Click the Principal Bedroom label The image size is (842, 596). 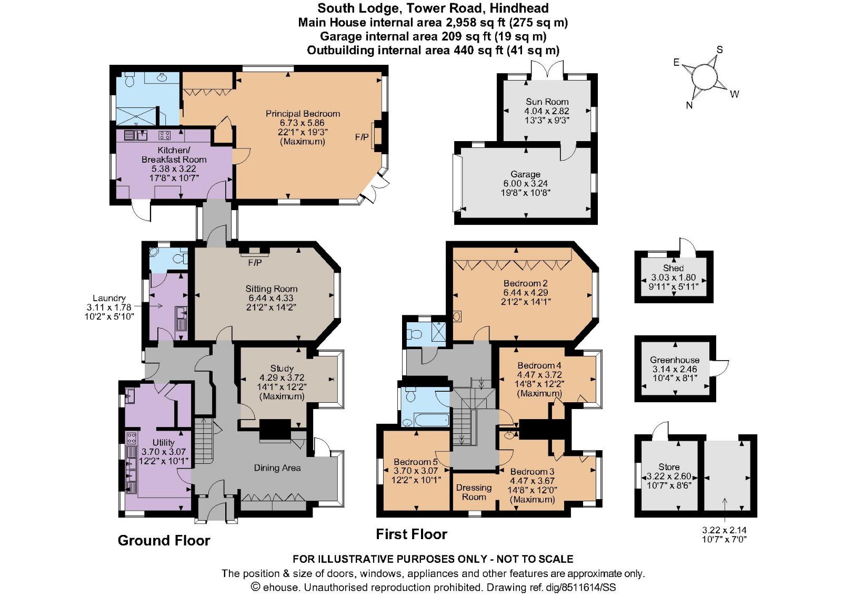tap(303, 114)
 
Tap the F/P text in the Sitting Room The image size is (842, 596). tap(255, 262)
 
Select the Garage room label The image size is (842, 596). tap(525, 174)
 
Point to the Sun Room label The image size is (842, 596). tap(547, 102)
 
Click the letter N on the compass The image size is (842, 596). tap(689, 105)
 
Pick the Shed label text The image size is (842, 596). tap(673, 268)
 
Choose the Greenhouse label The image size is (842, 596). tap(674, 360)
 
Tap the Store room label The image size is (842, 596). tap(669, 467)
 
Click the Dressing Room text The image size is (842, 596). tap(474, 492)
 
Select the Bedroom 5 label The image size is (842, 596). tap(415, 462)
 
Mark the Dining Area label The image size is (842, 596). tap(277, 468)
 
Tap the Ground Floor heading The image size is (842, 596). tap(164, 541)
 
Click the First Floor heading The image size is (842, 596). tap(411, 534)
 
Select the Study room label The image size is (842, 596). tap(282, 369)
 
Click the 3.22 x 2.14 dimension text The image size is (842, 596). tap(724, 530)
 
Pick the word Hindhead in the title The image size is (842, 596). tap(519, 8)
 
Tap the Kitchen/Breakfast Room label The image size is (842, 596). tap(174, 155)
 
